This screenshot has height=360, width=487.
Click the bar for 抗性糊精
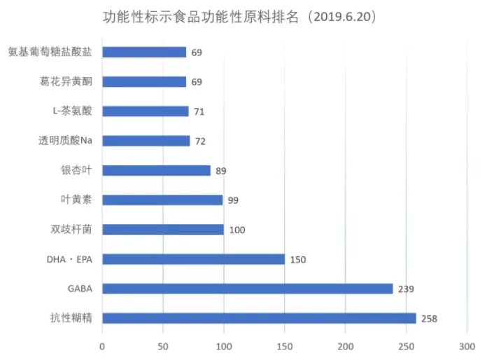coord(259,318)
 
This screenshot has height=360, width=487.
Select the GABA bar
coord(247,289)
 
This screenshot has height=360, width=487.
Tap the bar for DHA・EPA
coord(193,259)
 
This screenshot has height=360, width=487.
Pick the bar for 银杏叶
coord(156,170)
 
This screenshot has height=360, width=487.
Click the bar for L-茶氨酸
coord(146,111)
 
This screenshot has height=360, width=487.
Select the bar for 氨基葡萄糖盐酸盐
coord(144,52)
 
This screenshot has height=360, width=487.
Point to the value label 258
coord(429,319)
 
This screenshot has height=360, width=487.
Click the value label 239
coord(406,289)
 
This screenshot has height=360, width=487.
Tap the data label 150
coord(297,260)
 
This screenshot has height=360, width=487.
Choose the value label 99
coord(233,200)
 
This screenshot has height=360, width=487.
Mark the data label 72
coord(200,141)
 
